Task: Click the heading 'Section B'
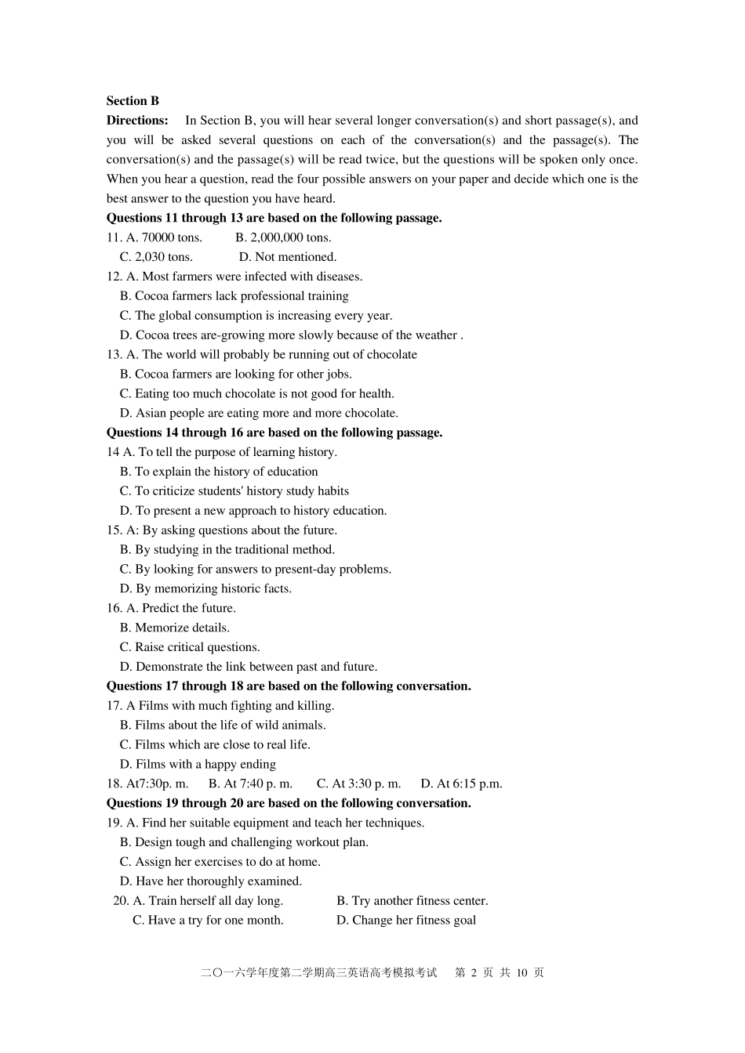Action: point(133,101)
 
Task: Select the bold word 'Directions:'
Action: point(137,121)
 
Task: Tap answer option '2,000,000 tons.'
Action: point(283,237)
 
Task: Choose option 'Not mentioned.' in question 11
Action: point(288,257)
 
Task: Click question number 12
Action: point(114,277)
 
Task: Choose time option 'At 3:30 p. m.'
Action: point(358,783)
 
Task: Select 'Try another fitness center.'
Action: point(412,901)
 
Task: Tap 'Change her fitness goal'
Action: point(406,921)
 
